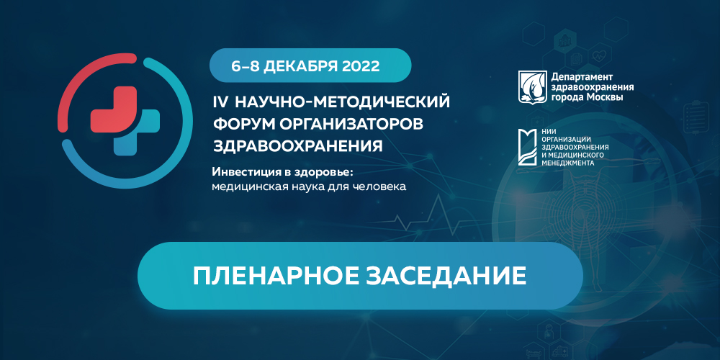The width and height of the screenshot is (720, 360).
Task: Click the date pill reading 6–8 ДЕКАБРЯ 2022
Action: [310, 65]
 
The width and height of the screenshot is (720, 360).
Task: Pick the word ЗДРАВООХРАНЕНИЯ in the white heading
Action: [297, 145]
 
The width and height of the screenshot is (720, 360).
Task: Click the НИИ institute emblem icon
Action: [531, 146]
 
